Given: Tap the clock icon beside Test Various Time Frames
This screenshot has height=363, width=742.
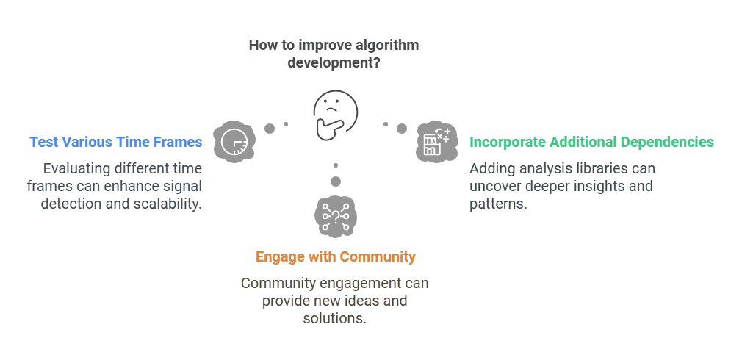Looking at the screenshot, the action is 234,142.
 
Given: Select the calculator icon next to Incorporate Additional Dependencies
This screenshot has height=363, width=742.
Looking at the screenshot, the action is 437,142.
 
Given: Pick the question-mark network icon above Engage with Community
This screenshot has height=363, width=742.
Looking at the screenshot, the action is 336,216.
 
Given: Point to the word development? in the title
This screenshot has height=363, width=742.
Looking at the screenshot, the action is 334,62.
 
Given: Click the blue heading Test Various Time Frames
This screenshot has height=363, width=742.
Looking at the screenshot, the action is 116,142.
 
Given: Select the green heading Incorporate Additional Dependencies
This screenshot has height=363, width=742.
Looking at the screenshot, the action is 591,142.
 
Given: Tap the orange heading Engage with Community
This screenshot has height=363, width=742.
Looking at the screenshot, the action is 336,256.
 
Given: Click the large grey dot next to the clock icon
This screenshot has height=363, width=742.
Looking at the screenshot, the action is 270,129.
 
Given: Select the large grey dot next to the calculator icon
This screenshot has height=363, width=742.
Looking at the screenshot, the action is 402,129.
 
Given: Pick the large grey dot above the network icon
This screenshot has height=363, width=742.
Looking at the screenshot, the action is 336,181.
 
